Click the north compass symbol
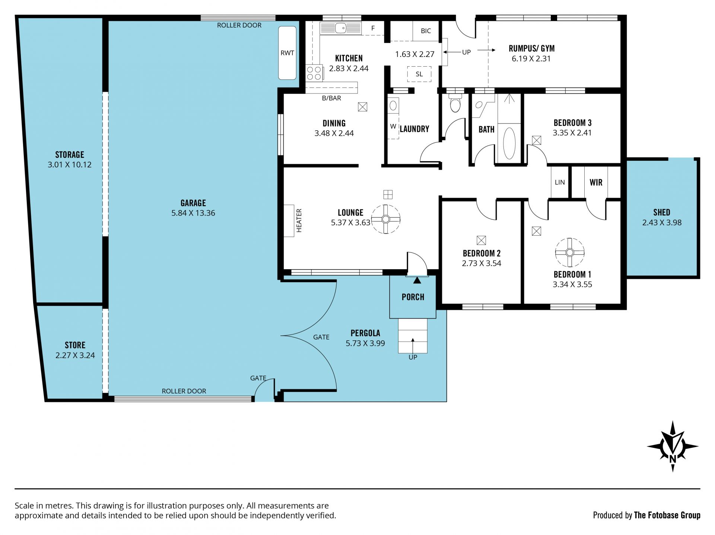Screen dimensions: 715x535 (673, 446)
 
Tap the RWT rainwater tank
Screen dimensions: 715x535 (287, 52)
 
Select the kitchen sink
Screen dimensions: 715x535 (340, 28)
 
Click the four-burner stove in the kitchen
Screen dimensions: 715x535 (314, 73)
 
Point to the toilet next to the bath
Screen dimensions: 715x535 (455, 103)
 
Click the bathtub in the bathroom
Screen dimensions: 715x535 (509, 143)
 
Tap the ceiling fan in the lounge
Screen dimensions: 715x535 (386, 219)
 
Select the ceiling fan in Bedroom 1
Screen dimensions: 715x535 (570, 252)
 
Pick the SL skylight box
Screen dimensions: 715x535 (419, 74)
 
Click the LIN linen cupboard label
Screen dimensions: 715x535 (560, 182)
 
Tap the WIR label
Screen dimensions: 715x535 (596, 182)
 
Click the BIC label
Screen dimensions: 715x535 (426, 31)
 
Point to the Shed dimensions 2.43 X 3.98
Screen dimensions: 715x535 (662, 223)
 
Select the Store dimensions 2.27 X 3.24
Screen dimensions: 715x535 (75, 355)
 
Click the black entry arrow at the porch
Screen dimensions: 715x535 (417, 280)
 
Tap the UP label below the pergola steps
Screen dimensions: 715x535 (413, 357)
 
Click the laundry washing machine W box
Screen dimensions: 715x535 (393, 126)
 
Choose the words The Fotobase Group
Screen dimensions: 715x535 (667, 515)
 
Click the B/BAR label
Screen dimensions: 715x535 (331, 98)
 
